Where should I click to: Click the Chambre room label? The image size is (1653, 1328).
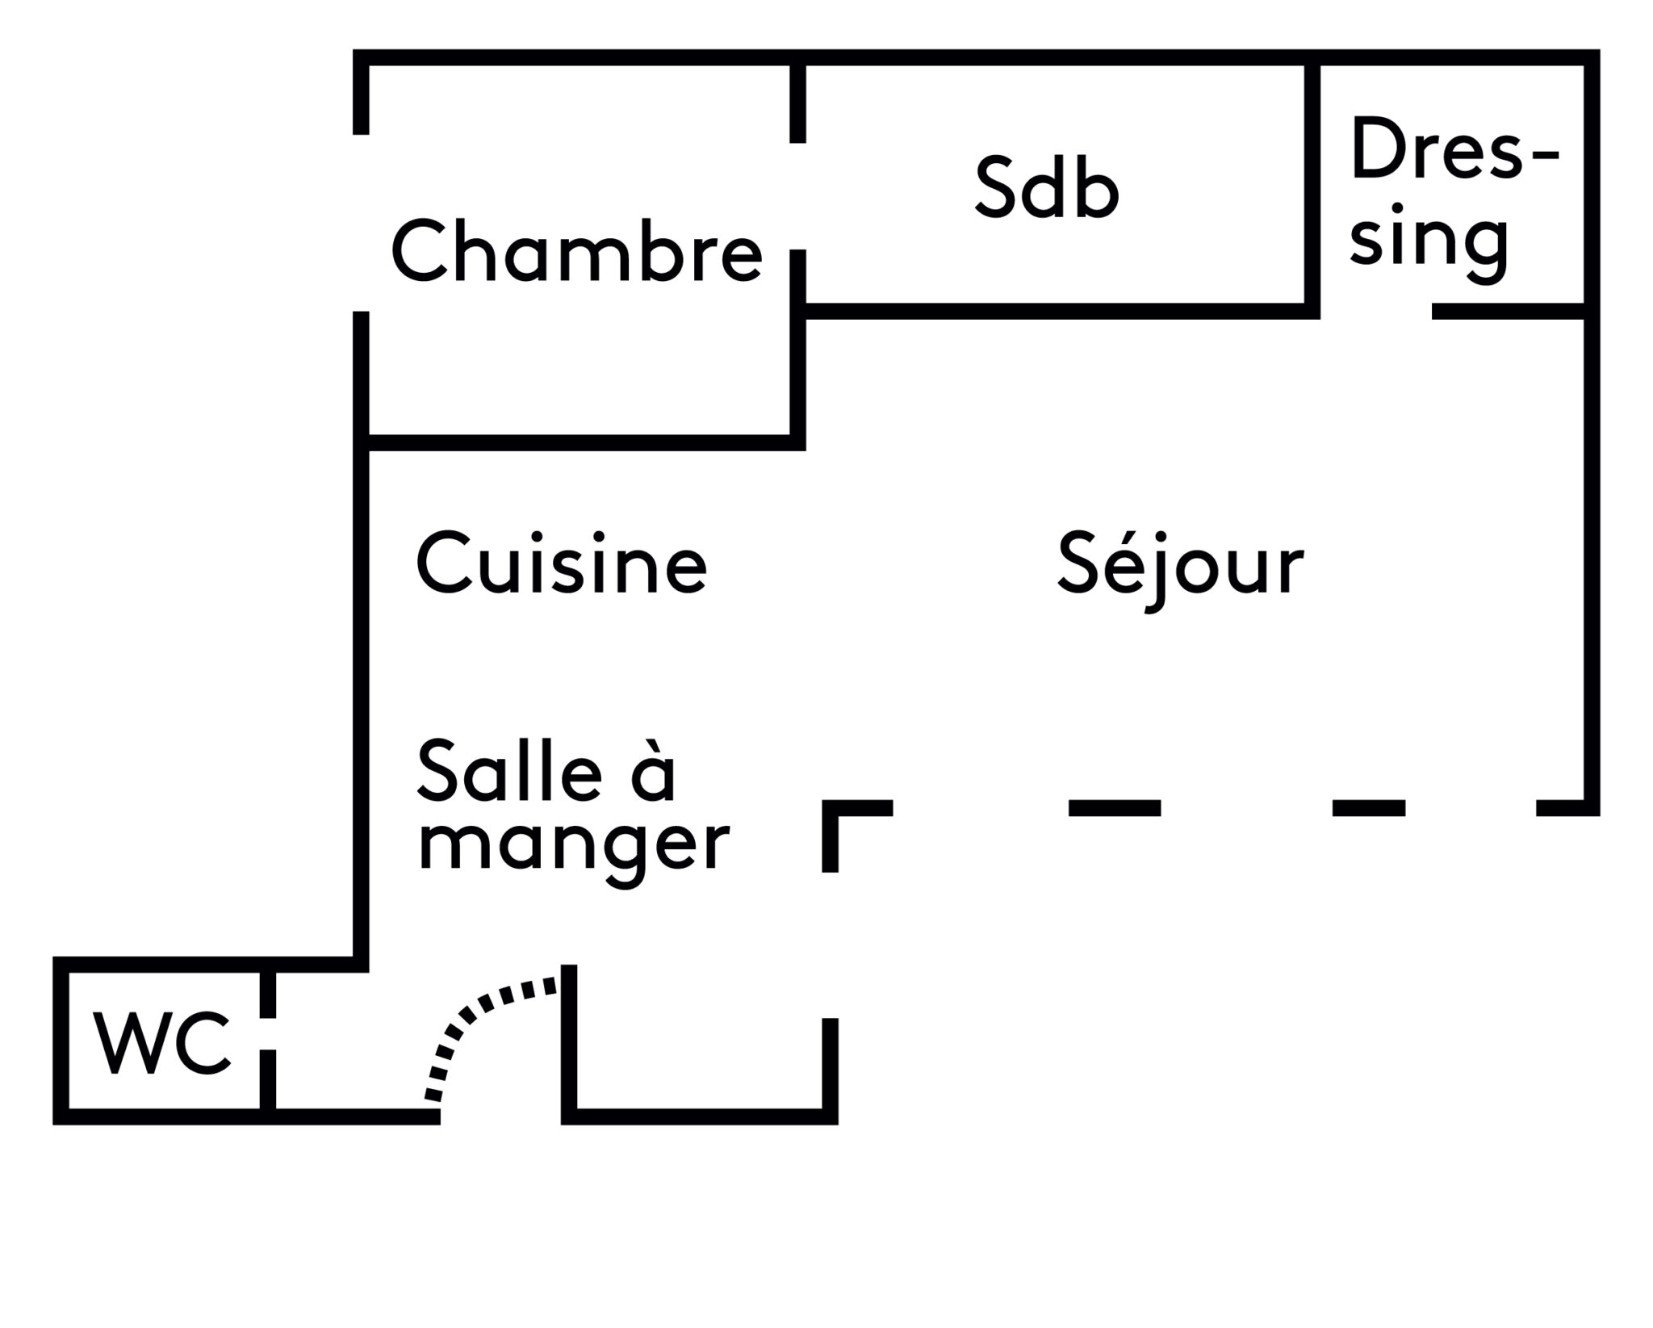point(576,252)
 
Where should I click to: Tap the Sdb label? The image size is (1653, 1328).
point(1046,189)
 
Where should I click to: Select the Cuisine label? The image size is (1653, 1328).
point(562,563)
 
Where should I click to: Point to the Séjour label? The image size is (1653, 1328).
point(1180,565)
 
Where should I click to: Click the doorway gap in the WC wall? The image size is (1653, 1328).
point(268,1033)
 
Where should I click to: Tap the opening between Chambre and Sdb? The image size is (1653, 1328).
point(797,196)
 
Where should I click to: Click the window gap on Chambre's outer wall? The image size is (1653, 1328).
point(362,223)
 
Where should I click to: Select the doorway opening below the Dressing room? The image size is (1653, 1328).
point(1375,312)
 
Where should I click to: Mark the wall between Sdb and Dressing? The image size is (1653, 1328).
point(1312,186)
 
